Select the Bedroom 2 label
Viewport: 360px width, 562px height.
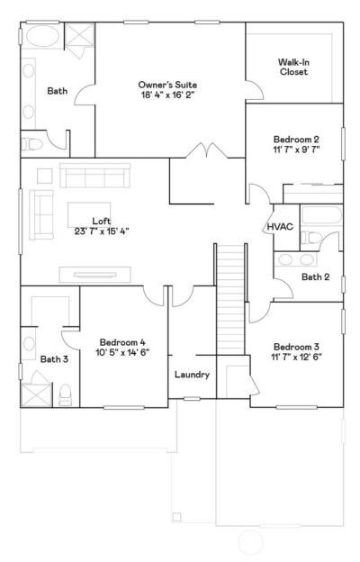pos(297,140)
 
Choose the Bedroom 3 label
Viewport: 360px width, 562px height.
pos(297,347)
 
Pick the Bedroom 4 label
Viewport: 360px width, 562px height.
pos(122,342)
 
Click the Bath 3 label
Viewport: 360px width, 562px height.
pos(53,359)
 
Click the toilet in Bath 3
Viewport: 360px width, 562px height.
pos(65,394)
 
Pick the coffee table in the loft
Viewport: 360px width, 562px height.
pos(87,213)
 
